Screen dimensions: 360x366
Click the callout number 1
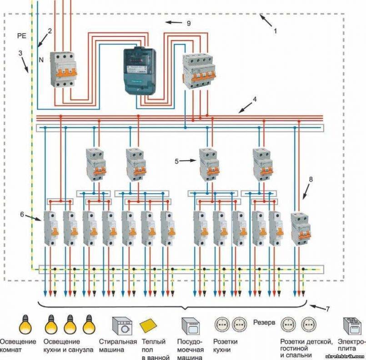(275, 32)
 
